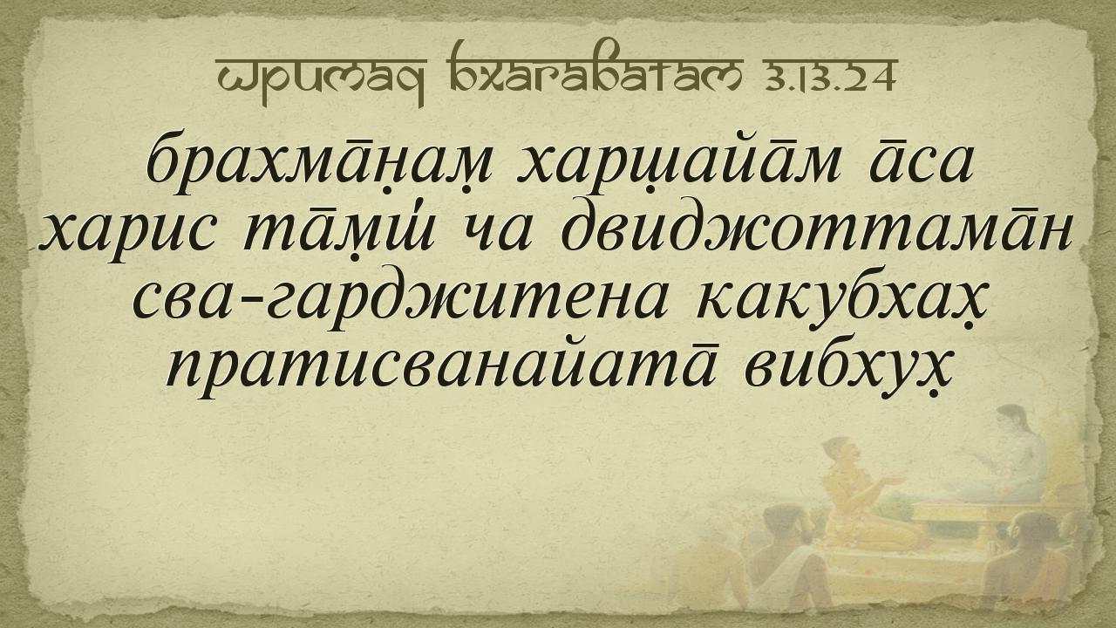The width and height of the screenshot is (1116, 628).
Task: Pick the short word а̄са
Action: [x=921, y=162]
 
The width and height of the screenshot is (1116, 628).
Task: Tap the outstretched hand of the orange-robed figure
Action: [x=893, y=480]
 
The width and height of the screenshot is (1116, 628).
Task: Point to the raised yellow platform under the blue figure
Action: [x=976, y=518]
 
